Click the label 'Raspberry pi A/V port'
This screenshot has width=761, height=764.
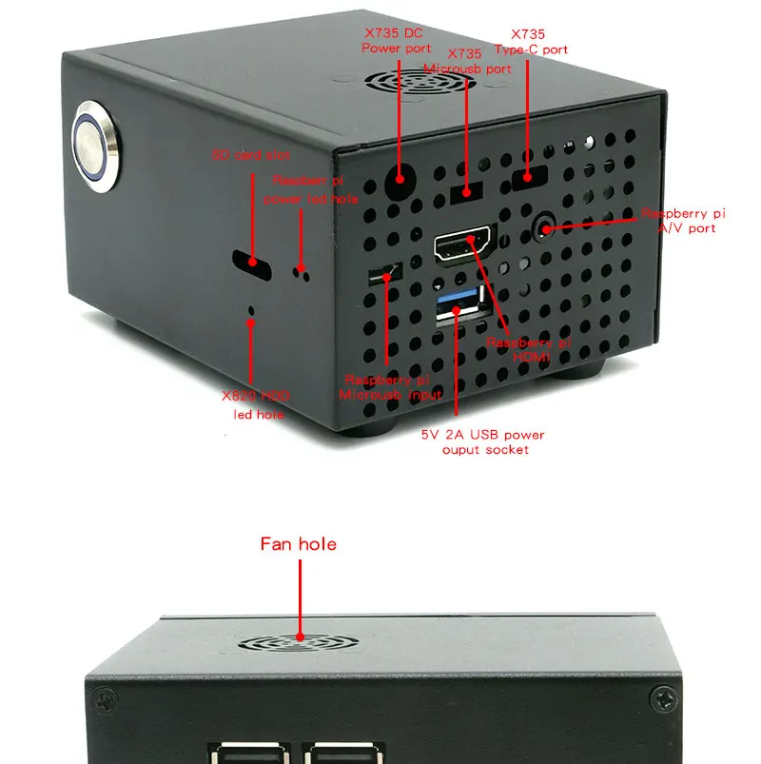[683, 220]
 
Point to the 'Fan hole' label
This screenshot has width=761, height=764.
[298, 544]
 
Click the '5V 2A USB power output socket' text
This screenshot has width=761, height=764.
[483, 441]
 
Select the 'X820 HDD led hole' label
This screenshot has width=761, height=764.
[254, 404]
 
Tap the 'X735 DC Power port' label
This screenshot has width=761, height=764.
[398, 40]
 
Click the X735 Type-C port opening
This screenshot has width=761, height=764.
[530, 177]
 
